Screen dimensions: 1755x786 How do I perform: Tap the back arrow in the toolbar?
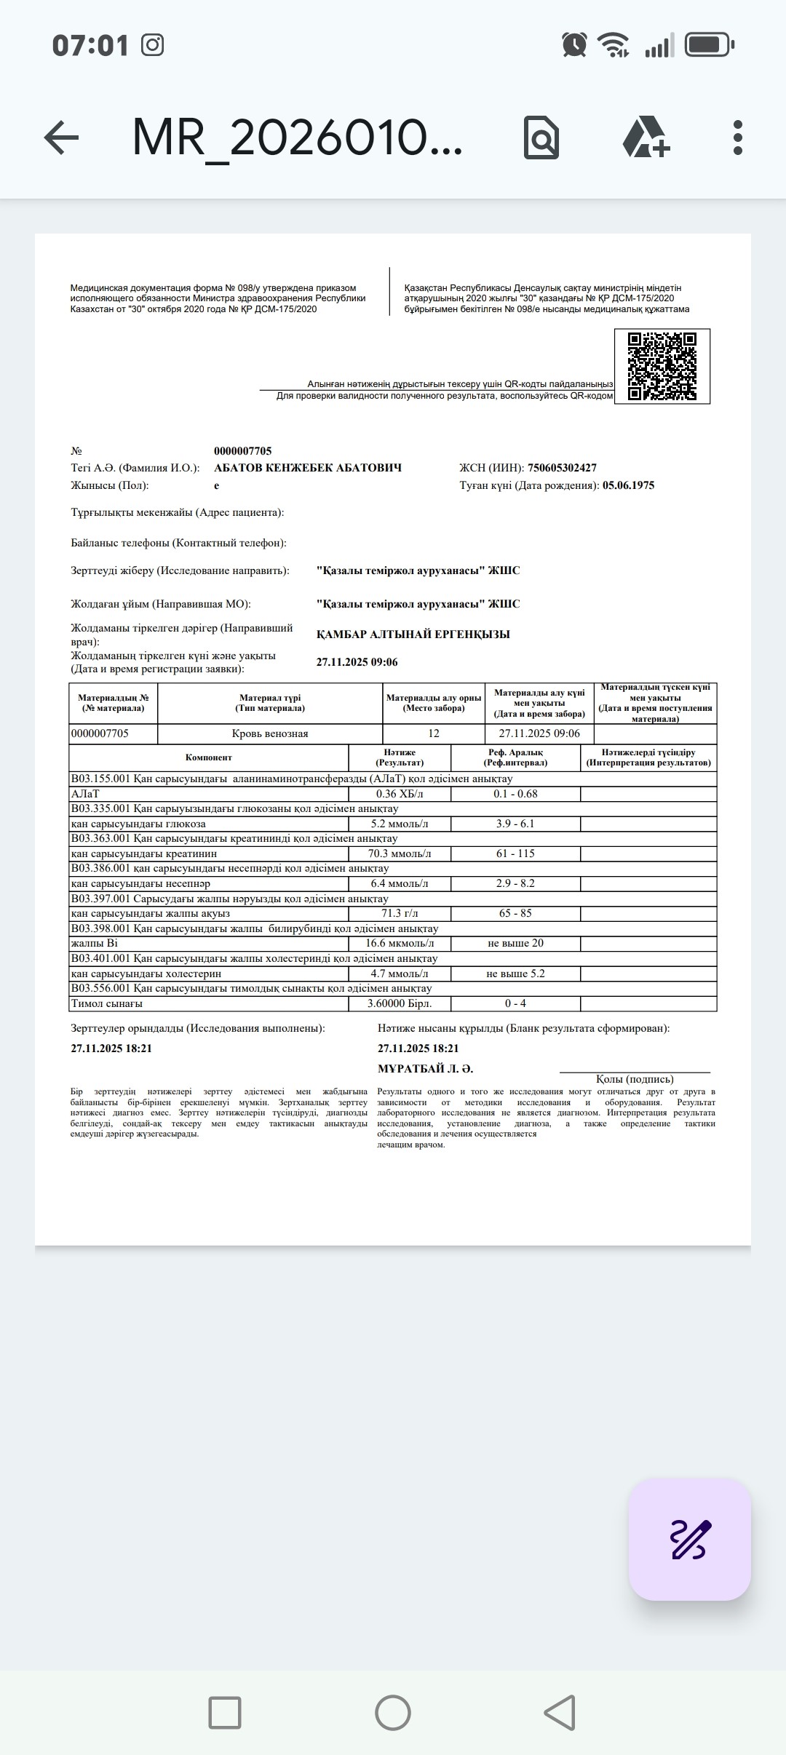coord(61,138)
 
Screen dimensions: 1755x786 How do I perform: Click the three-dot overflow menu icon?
coord(738,138)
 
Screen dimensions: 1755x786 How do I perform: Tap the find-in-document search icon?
coord(541,138)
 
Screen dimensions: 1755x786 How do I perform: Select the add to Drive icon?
coord(646,138)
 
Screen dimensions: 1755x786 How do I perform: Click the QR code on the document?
coord(662,366)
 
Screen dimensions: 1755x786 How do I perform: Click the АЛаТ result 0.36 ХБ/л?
coord(400,794)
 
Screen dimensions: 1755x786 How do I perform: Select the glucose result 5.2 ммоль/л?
coord(400,824)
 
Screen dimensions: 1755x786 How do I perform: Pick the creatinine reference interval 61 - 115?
coord(515,853)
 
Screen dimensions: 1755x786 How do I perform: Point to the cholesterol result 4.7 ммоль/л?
coord(400,974)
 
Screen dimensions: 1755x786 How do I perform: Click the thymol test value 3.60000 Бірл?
coord(400,1003)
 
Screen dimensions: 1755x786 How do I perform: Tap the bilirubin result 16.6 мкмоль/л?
coord(400,943)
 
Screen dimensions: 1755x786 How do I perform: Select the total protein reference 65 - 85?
coord(515,913)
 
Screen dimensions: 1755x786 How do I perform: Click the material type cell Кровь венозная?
coord(270,733)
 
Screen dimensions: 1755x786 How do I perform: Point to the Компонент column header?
coord(209,757)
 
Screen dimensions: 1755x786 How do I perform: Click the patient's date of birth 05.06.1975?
coord(628,485)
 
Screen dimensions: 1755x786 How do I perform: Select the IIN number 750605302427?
coord(562,468)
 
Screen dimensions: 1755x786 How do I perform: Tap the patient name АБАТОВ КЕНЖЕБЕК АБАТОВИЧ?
coord(308,468)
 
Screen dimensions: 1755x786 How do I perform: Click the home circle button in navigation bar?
coord(393,1712)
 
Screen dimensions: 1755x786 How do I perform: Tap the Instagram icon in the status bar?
coord(152,45)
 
